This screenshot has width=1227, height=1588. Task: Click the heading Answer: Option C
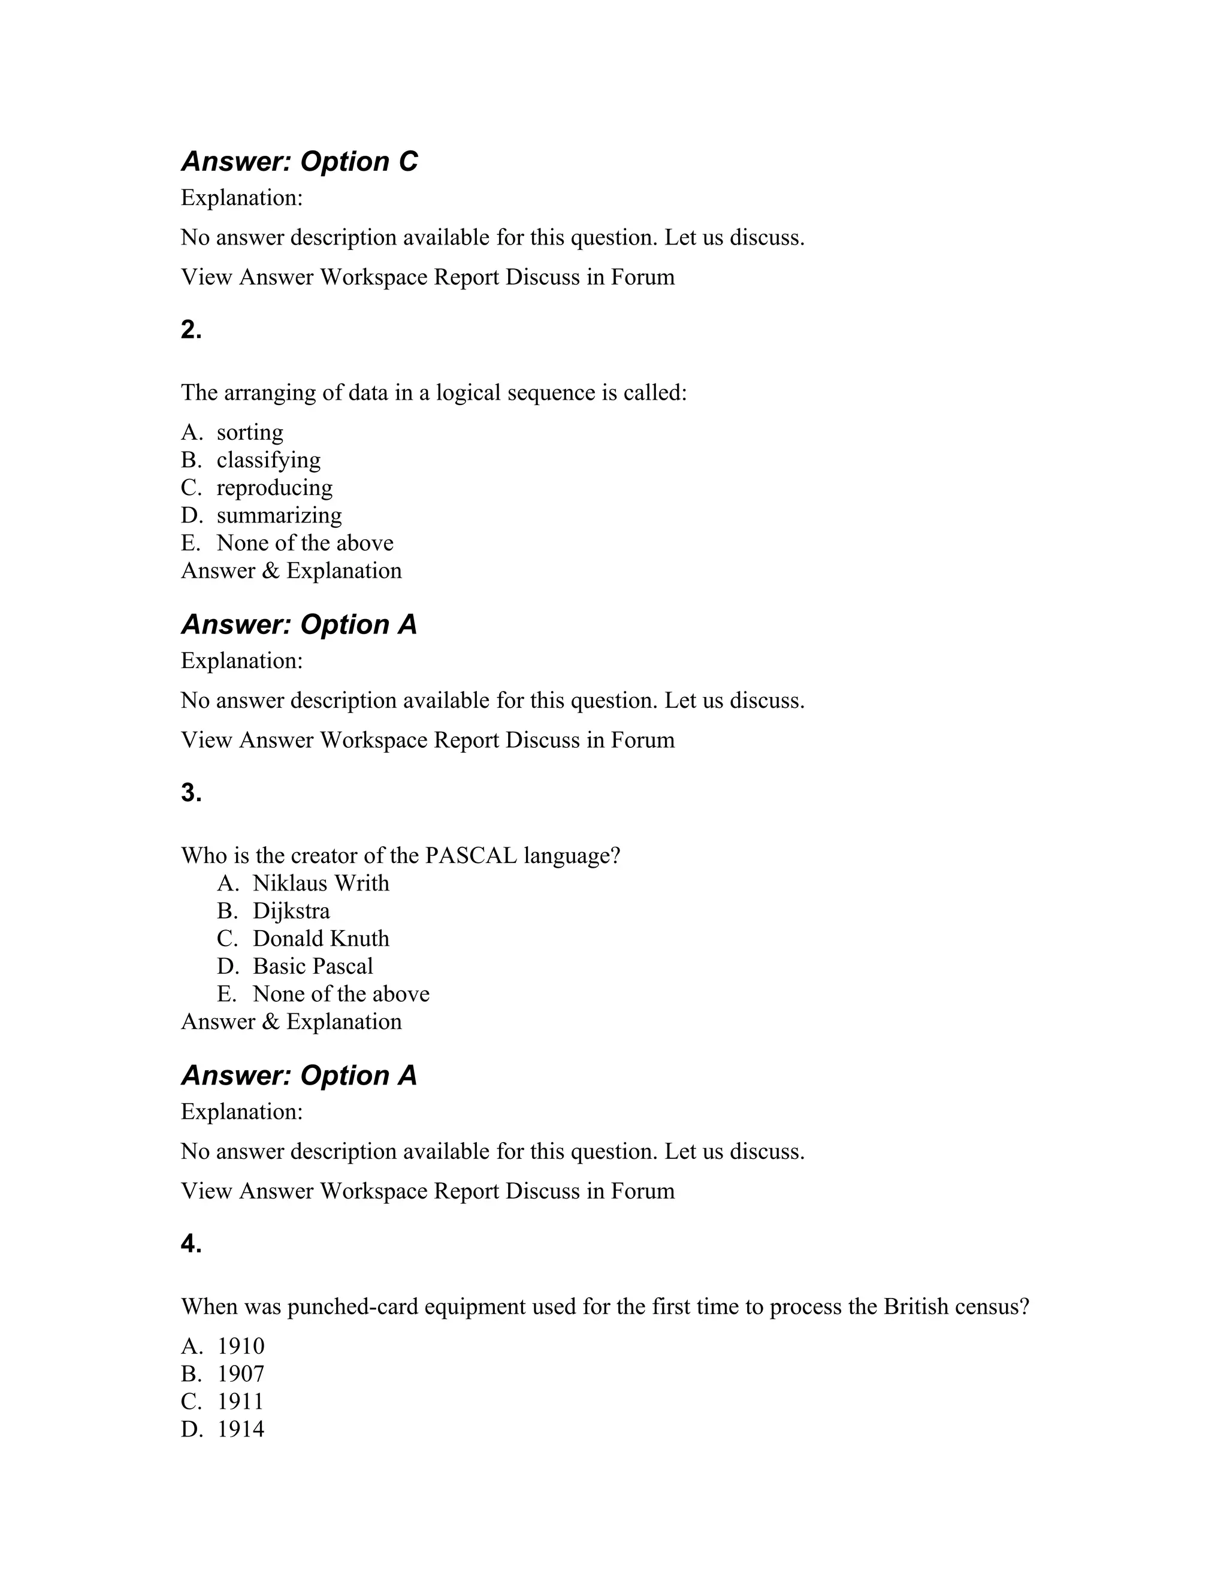click(x=299, y=161)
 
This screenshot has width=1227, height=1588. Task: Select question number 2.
click(x=191, y=330)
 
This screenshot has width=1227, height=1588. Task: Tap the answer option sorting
click(x=249, y=433)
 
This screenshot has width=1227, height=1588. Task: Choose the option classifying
click(x=268, y=460)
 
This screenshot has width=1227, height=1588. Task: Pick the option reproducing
click(x=274, y=488)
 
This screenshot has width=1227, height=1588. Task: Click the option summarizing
click(x=279, y=515)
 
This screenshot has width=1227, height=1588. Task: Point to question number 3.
click(x=191, y=793)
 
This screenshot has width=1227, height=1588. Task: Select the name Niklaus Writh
click(x=321, y=883)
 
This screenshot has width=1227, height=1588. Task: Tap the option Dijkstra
click(x=291, y=911)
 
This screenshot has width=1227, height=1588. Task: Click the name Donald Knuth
click(x=321, y=938)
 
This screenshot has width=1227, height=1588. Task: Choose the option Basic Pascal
click(x=313, y=967)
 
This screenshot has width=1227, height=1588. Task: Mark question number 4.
click(x=191, y=1244)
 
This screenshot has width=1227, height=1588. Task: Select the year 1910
click(x=241, y=1347)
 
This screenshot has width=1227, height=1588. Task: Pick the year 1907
click(x=241, y=1374)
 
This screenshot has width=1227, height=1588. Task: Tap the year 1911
click(x=241, y=1402)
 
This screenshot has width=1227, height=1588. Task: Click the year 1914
click(x=241, y=1429)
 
